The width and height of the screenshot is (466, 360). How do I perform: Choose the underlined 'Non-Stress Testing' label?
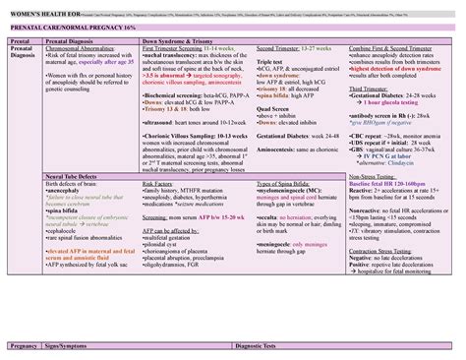tap(374, 174)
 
